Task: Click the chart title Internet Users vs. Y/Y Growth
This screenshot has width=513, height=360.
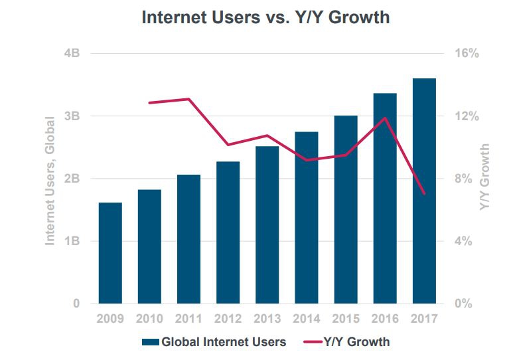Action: click(x=265, y=17)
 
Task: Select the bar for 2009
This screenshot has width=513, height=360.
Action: click(x=110, y=253)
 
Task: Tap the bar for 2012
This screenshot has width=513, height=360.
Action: click(x=228, y=232)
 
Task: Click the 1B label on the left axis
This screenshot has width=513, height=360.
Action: click(x=72, y=241)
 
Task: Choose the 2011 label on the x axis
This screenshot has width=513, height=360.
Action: click(x=188, y=319)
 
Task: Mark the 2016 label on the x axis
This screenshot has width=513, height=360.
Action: click(x=385, y=319)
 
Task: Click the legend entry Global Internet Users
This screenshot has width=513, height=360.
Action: click(x=214, y=342)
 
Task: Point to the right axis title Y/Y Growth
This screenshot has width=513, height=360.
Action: click(x=486, y=178)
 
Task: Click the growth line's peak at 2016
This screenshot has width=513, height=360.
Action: click(x=385, y=118)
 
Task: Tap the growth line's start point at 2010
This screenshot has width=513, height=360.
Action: click(x=149, y=103)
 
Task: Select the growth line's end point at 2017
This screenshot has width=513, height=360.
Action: click(x=424, y=193)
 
